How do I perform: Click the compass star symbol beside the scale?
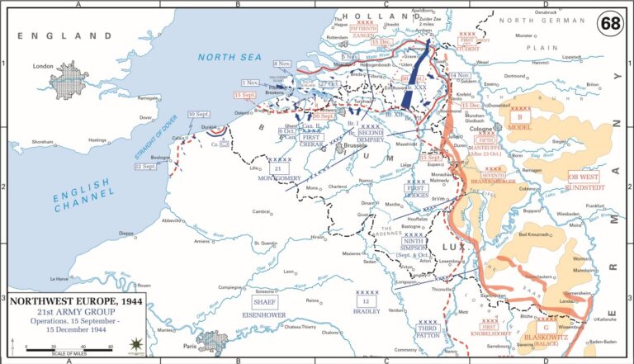pos(135,343)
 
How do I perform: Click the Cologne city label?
pos(480,129)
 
